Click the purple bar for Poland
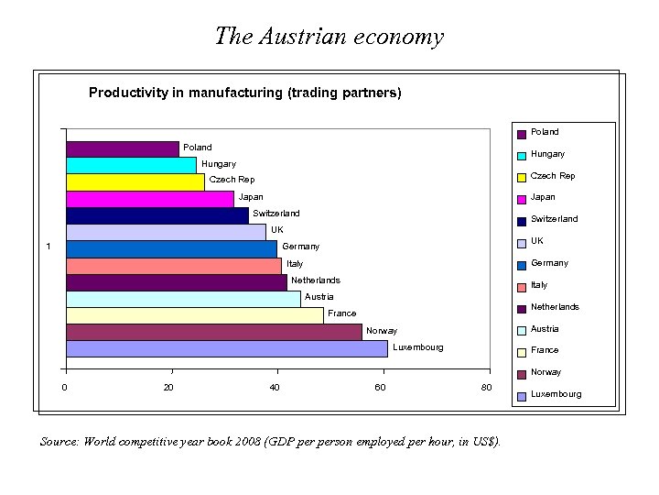pyautogui.click(x=122, y=148)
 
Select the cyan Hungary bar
pyautogui.click(x=131, y=165)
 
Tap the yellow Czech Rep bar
pyautogui.click(x=135, y=181)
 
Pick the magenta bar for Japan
pyautogui.click(x=149, y=198)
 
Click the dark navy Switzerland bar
pyautogui.click(x=157, y=215)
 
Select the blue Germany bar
pyautogui.click(x=170, y=248)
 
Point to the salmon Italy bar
pyautogui.click(x=173, y=265)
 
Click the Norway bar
pyautogui.click(x=213, y=332)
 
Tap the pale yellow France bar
pyautogui.click(x=194, y=315)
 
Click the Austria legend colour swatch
pyautogui.click(x=521, y=330)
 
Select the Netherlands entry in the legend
pyautogui.click(x=555, y=307)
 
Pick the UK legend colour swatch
pyautogui.click(x=521, y=243)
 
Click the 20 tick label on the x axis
pyautogui.click(x=168, y=388)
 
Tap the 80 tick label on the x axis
pyautogui.click(x=486, y=388)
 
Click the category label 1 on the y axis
pyautogui.click(x=49, y=246)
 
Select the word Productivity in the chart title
pyautogui.click(x=127, y=93)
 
